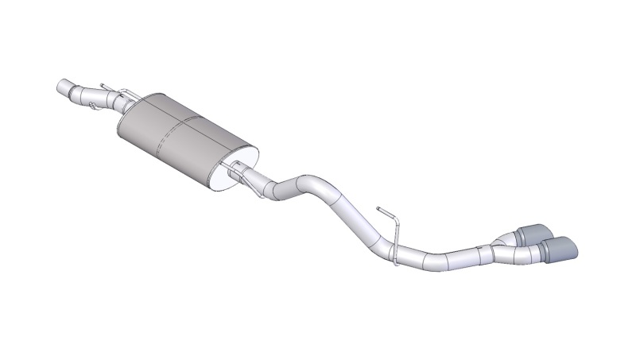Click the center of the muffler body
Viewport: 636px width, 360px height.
(x=186, y=136)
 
